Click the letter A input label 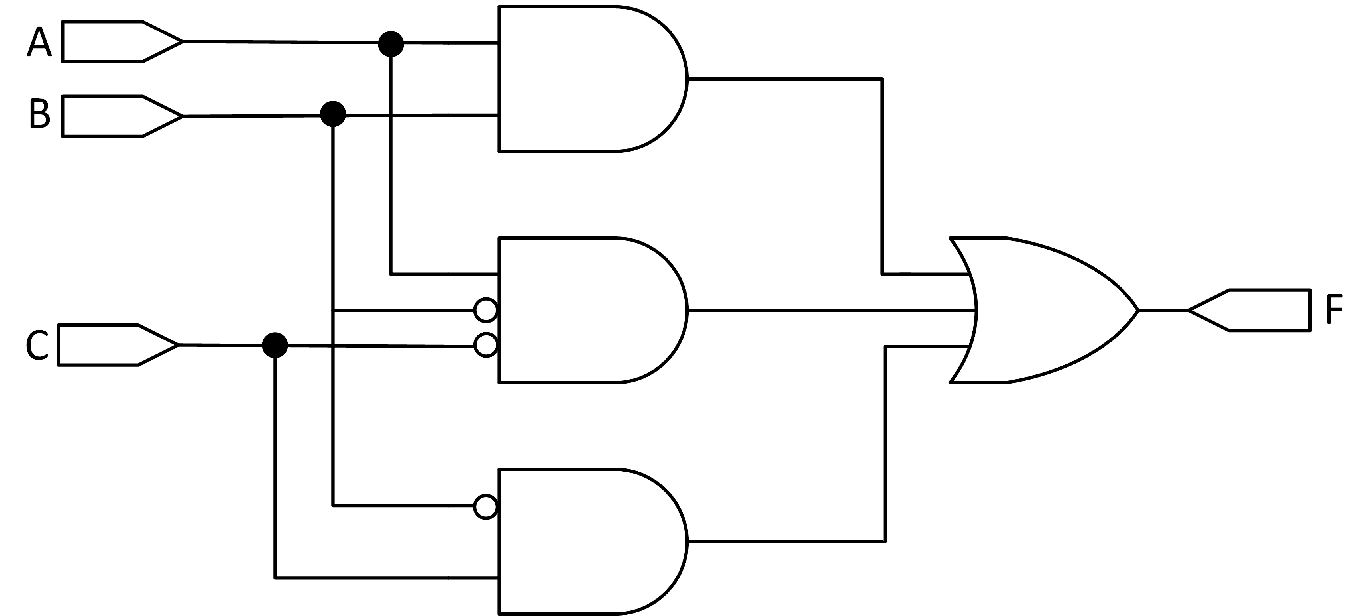point(39,43)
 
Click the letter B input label point(39,113)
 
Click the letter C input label point(37,345)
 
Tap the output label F point(1334,309)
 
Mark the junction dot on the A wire point(391,43)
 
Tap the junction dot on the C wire point(275,345)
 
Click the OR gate point(1042,310)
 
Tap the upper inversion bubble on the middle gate point(485,310)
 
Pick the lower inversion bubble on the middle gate point(485,345)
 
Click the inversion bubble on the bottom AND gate point(485,507)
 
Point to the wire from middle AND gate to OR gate point(829,310)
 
